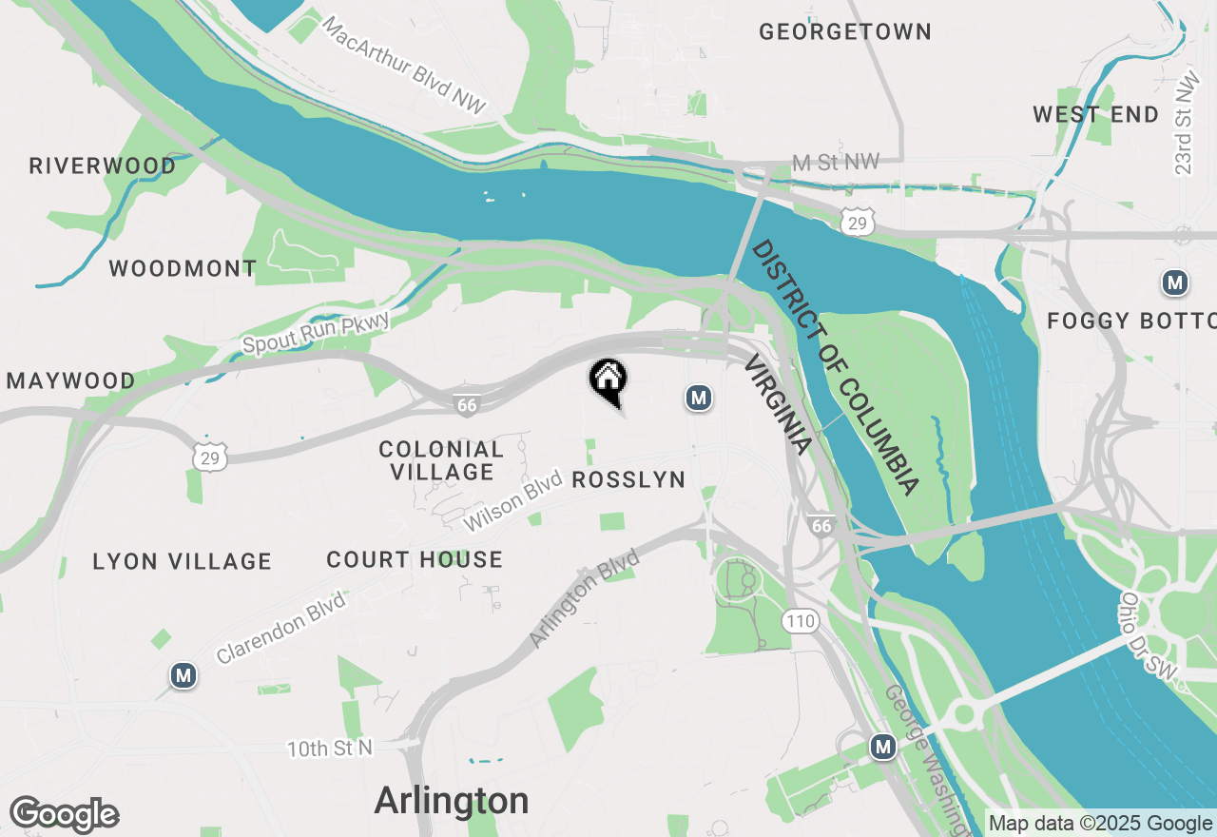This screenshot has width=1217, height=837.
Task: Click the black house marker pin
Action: point(608,380)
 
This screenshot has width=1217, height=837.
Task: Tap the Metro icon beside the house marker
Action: point(699,398)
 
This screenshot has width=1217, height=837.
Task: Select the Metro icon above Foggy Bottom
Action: point(1175,282)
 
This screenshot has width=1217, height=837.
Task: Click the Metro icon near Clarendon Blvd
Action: point(184,675)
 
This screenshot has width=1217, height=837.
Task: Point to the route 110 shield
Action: point(801,621)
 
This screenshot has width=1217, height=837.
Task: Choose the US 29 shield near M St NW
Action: point(858,223)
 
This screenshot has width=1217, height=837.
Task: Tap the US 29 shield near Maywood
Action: point(209,457)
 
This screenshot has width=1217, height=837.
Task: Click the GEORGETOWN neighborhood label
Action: point(844,31)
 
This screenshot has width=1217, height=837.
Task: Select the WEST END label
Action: point(1095,115)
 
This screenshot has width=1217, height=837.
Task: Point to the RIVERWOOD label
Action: point(103,166)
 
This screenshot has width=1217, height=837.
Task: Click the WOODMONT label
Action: point(183,268)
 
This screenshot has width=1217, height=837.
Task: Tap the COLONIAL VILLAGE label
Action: point(441,460)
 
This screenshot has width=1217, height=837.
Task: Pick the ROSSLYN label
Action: point(628,479)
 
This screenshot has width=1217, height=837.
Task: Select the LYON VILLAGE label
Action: point(183,561)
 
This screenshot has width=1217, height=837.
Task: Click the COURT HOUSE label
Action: point(415,559)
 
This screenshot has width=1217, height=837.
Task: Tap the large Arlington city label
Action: point(452,801)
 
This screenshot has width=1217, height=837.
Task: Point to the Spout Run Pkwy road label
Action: point(317,333)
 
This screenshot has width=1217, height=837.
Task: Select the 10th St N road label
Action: point(330,749)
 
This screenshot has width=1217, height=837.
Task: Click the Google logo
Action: point(65,815)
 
